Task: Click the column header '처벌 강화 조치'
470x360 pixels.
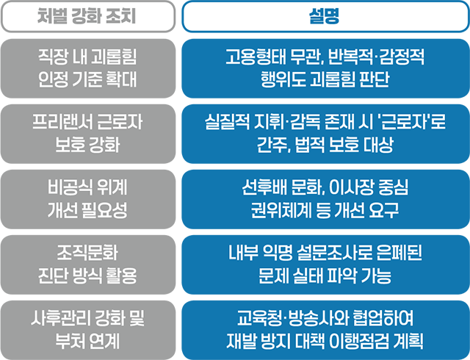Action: pos(87,16)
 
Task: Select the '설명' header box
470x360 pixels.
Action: pos(325,16)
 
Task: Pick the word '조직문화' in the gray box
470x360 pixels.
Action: pos(87,253)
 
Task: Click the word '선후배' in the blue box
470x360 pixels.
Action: pos(258,187)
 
